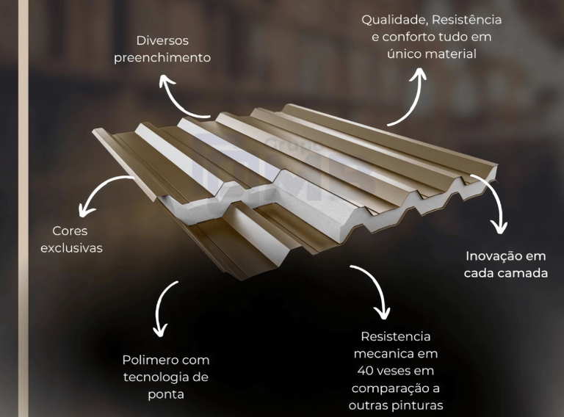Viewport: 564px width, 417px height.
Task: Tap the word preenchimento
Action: click(x=173, y=57)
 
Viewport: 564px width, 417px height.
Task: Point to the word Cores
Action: click(x=70, y=231)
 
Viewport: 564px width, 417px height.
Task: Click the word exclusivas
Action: click(x=71, y=248)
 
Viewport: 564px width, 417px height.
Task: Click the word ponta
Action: click(x=165, y=394)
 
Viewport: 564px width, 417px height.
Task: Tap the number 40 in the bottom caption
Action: click(x=364, y=371)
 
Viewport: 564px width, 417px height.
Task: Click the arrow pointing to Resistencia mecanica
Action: click(x=373, y=291)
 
